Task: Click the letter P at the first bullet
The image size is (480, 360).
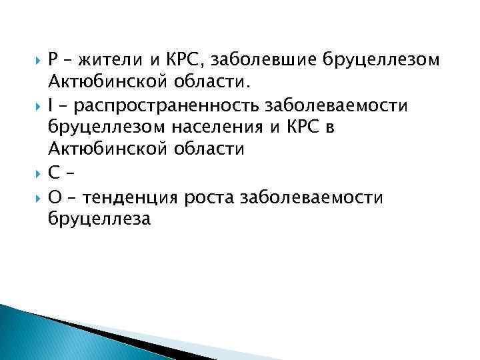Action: [x=53, y=60]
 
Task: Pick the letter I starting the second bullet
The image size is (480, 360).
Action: [x=51, y=105]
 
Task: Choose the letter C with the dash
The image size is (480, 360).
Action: [x=54, y=172]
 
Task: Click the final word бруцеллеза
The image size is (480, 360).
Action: [x=100, y=217]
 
